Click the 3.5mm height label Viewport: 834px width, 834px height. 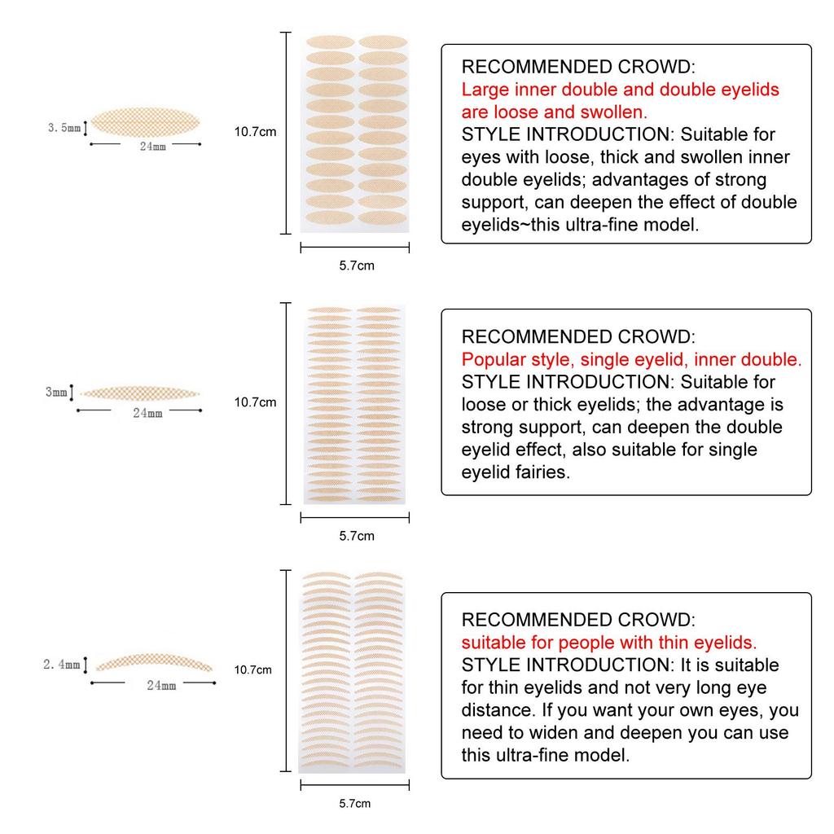(64, 127)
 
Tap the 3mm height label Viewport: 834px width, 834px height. (56, 392)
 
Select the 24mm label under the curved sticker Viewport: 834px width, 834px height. (161, 685)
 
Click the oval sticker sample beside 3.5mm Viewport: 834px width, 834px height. (145, 123)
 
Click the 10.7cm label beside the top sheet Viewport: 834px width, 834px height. (256, 132)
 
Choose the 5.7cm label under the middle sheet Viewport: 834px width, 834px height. (356, 535)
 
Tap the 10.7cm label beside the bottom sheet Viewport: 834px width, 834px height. (252, 669)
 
